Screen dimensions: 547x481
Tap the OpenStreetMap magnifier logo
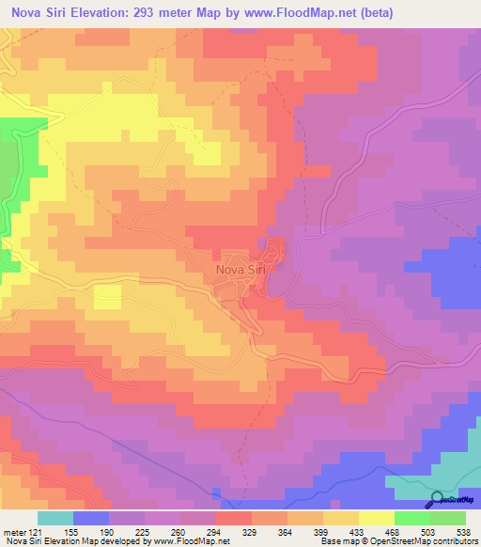coord(438,500)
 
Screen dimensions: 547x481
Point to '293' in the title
coord(177,13)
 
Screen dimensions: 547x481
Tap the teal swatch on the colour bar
coord(55,518)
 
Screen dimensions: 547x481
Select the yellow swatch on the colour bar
coord(377,518)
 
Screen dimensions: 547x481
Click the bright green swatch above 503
coord(412,518)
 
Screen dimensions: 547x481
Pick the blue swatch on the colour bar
coord(91,518)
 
